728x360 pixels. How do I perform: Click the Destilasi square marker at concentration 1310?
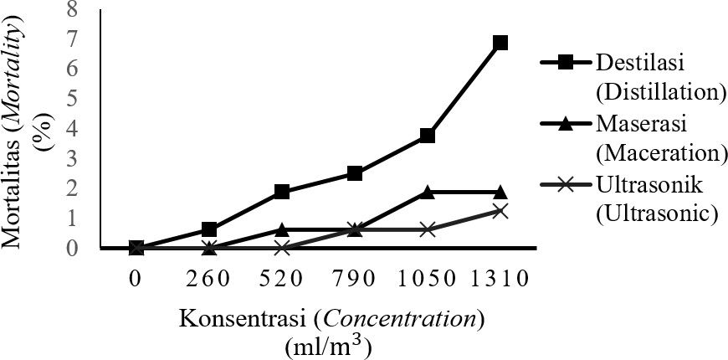pos(500,43)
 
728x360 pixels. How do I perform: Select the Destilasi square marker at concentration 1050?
pos(428,135)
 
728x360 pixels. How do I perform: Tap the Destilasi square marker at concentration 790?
pos(355,173)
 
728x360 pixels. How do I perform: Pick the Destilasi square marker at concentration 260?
pos(209,229)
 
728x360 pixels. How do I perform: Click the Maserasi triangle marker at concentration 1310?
pos(500,192)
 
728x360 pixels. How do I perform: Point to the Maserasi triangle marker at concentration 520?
pos(282,229)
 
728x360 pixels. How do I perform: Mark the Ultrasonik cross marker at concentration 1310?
pos(500,211)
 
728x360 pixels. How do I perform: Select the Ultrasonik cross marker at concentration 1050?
pos(428,229)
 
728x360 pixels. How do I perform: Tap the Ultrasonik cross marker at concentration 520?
pos(282,248)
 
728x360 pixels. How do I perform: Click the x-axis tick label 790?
pos(355,278)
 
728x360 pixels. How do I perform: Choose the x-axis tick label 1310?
pos(500,278)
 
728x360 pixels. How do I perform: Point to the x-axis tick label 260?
pos(209,278)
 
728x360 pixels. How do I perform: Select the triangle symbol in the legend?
pos(565,124)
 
